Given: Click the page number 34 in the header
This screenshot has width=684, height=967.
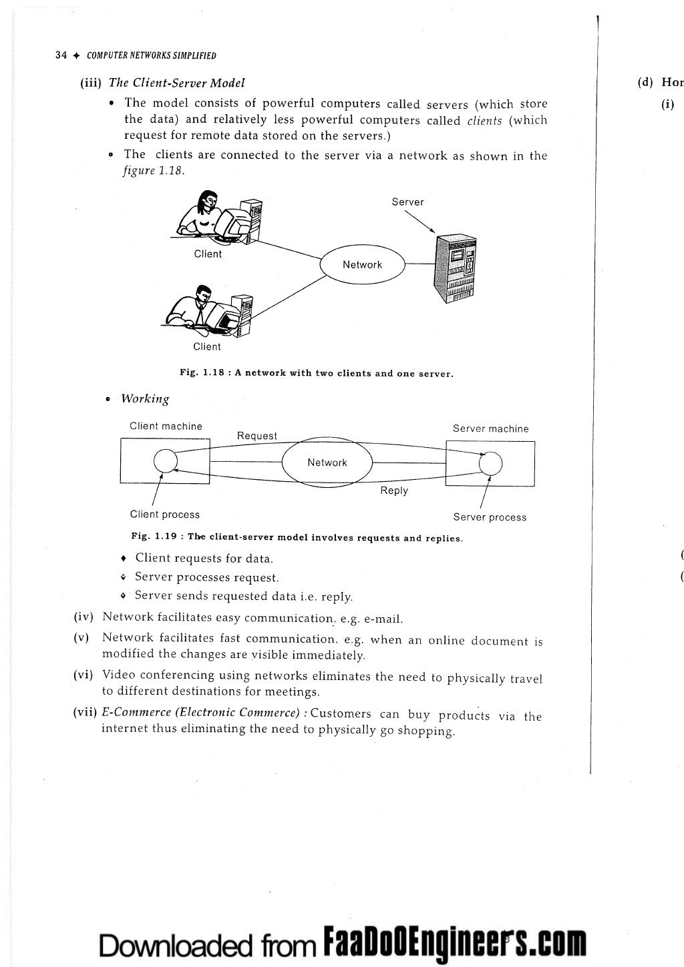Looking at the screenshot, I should pyautogui.click(x=61, y=55).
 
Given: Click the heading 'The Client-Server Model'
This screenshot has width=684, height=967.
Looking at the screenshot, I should pyautogui.click(x=176, y=83).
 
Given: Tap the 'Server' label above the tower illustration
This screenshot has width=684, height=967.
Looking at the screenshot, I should pyautogui.click(x=407, y=202).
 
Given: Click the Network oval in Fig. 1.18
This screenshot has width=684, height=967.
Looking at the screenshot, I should pyautogui.click(x=363, y=265).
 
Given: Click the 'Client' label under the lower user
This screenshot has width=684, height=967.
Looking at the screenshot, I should pyautogui.click(x=206, y=346).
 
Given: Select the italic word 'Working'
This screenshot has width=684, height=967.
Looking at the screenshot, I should pyautogui.click(x=145, y=399).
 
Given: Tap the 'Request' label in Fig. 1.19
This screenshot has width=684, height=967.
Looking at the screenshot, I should pyautogui.click(x=257, y=436).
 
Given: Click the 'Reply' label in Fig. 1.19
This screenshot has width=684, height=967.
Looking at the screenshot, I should pyautogui.click(x=394, y=491).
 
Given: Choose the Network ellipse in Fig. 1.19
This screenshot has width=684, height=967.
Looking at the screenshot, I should pyautogui.click(x=327, y=462).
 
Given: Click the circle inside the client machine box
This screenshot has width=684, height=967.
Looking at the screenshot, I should pyautogui.click(x=165, y=460).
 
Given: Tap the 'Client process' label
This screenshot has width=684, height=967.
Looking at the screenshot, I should pyautogui.click(x=165, y=515).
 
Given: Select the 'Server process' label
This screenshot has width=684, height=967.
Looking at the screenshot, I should pyautogui.click(x=490, y=517).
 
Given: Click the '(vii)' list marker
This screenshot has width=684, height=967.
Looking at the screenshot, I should pyautogui.click(x=85, y=712).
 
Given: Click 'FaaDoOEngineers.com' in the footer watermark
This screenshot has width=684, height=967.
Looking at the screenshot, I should pyautogui.click(x=454, y=942).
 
